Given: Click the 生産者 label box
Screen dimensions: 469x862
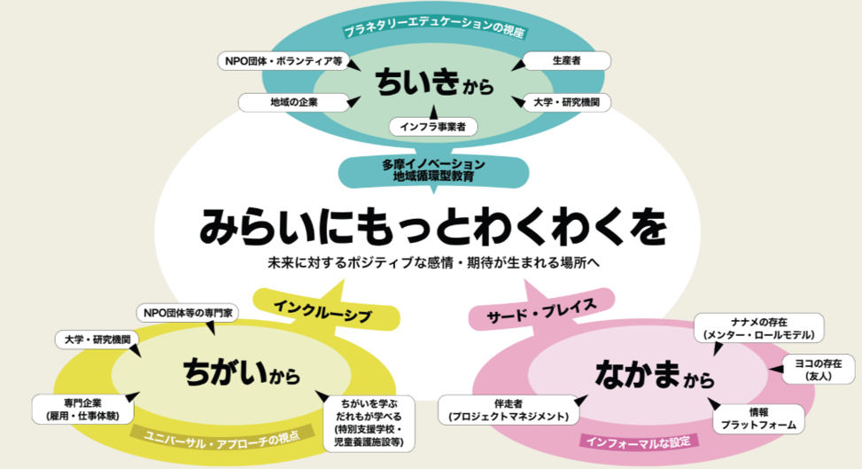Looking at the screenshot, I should pyautogui.click(x=566, y=61).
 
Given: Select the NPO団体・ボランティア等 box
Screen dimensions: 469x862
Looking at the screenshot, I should pyautogui.click(x=281, y=61).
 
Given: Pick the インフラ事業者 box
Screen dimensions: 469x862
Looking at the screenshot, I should pyautogui.click(x=433, y=126).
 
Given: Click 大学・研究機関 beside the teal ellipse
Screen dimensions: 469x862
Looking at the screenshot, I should pyautogui.click(x=566, y=102).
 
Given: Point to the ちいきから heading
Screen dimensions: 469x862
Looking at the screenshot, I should pyautogui.click(x=431, y=84).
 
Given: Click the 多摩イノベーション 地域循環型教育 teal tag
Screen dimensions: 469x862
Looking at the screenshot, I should pyautogui.click(x=433, y=169).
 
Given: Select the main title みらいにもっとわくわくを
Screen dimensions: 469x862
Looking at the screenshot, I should pyautogui.click(x=431, y=226).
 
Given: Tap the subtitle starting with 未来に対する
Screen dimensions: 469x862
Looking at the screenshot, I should pyautogui.click(x=431, y=263).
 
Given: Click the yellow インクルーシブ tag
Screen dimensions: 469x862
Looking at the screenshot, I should pyautogui.click(x=322, y=313).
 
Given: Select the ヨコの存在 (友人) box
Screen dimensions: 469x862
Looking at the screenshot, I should pyautogui.click(x=814, y=369).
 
